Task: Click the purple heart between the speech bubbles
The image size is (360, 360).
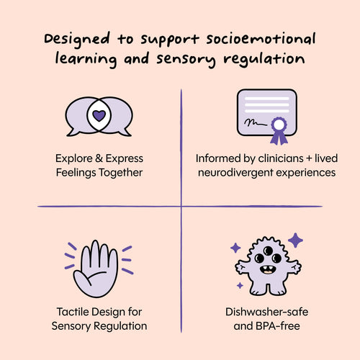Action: click(x=99, y=116)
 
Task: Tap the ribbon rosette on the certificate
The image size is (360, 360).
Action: click(x=279, y=130)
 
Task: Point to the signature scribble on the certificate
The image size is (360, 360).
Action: click(x=256, y=123)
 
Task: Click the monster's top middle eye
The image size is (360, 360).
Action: click(x=268, y=251)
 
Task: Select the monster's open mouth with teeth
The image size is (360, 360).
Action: click(x=267, y=270)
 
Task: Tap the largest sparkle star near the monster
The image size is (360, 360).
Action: click(x=295, y=240)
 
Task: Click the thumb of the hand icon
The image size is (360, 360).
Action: click(x=81, y=279)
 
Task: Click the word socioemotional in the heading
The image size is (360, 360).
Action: click(x=261, y=40)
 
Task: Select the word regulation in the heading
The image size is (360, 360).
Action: click(x=264, y=60)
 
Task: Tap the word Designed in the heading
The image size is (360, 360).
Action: click(x=77, y=40)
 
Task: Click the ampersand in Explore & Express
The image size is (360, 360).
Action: click(x=99, y=158)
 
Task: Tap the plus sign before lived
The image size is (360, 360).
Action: click(x=309, y=158)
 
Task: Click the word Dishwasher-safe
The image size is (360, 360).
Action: click(x=266, y=312)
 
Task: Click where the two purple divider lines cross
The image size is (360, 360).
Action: click(x=181, y=206)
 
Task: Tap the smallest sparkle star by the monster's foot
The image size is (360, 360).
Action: click(x=240, y=285)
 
